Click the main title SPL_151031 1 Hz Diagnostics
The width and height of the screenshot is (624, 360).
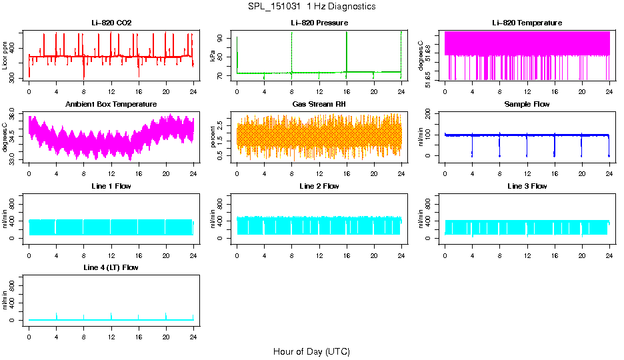(311, 7)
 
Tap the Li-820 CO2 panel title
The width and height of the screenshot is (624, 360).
(111, 23)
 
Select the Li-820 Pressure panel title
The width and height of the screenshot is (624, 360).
(319, 23)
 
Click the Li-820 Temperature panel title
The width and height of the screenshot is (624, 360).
(527, 23)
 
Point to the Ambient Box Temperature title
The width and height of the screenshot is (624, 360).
(111, 105)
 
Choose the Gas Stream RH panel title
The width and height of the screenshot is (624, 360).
(319, 105)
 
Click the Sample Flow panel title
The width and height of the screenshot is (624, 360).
(527, 105)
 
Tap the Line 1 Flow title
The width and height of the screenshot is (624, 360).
(111, 186)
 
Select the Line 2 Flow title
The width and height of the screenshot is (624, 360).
(319, 186)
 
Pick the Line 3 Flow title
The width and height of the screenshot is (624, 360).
(527, 186)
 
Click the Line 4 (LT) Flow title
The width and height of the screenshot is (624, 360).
(111, 267)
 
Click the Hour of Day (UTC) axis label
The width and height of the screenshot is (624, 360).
(311, 351)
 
